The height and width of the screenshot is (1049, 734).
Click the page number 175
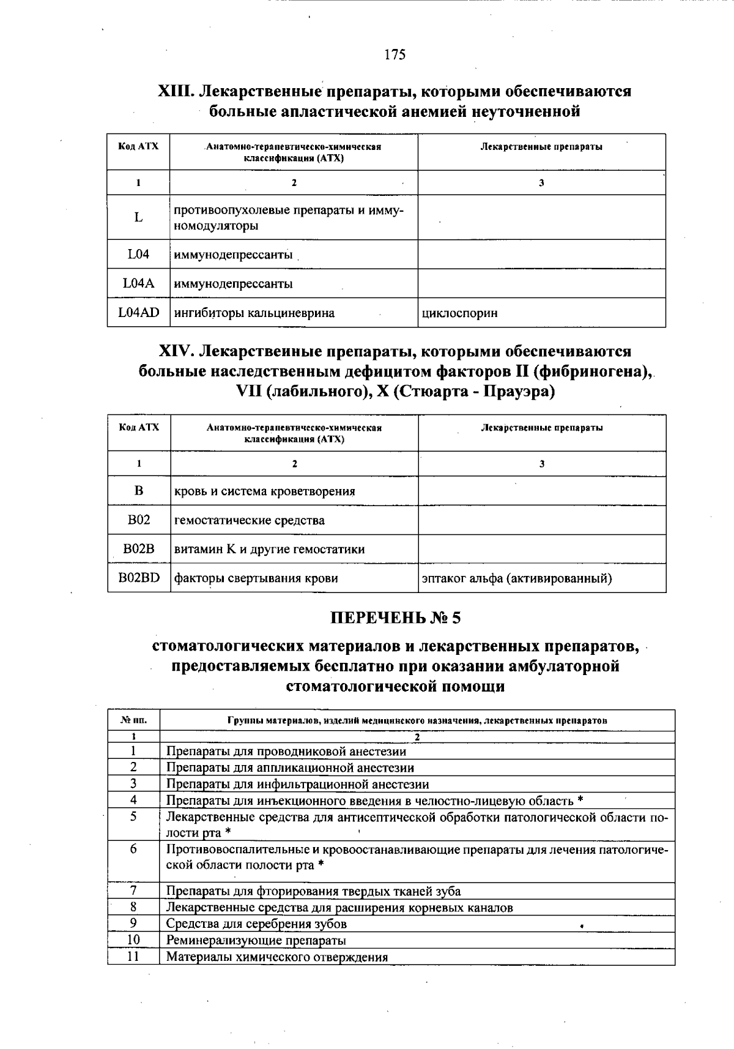click(395, 55)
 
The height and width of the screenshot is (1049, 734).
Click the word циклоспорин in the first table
click(459, 313)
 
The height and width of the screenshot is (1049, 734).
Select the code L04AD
click(139, 313)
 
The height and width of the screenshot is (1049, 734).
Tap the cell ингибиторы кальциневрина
click(254, 313)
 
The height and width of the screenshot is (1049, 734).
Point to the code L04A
click(139, 283)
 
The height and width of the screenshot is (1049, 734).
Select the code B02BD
click(139, 578)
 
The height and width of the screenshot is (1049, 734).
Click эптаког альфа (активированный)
click(517, 578)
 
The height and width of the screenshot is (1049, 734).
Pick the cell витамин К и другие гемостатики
click(270, 549)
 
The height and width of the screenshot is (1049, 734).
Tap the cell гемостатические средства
click(250, 520)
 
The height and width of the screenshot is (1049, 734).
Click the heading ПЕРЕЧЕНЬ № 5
click(395, 618)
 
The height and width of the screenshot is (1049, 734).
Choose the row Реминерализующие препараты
click(256, 941)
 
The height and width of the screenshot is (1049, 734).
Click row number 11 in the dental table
click(133, 957)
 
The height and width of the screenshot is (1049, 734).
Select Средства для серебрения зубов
click(256, 924)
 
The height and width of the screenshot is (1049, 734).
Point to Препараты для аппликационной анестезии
click(290, 767)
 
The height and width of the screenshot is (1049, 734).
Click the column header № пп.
click(133, 720)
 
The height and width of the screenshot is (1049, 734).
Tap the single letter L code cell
click(139, 217)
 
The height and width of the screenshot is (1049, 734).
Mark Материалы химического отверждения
click(277, 957)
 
